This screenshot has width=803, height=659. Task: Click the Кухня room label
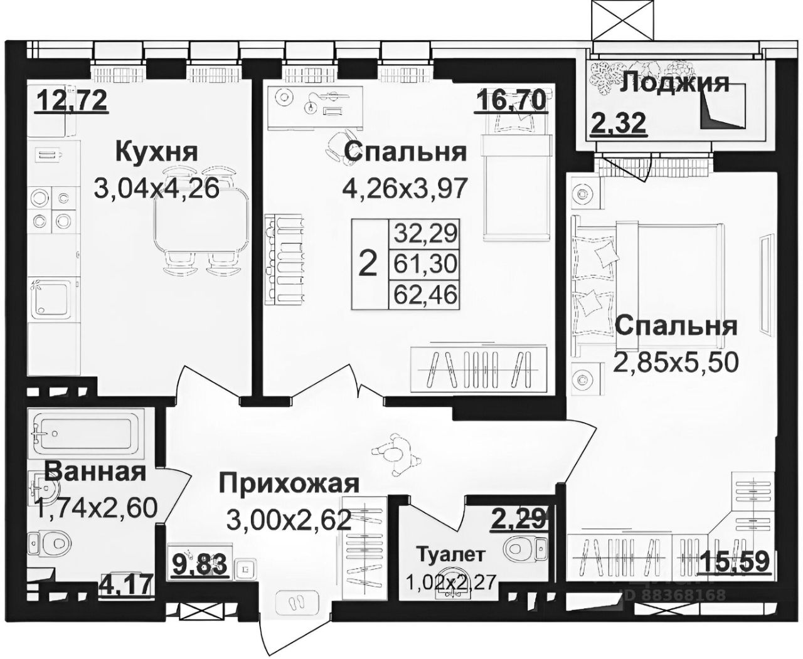156,152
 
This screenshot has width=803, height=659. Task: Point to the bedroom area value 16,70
510,100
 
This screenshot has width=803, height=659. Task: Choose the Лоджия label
674,83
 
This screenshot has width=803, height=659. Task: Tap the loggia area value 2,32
618,123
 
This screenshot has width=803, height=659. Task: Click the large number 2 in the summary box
367,264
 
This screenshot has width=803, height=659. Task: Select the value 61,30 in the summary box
425,264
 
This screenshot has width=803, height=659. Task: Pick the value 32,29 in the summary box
425,235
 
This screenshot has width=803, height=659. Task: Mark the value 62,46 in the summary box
425,293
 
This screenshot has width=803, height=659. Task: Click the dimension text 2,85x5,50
674,362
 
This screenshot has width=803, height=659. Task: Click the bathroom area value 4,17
126,586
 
